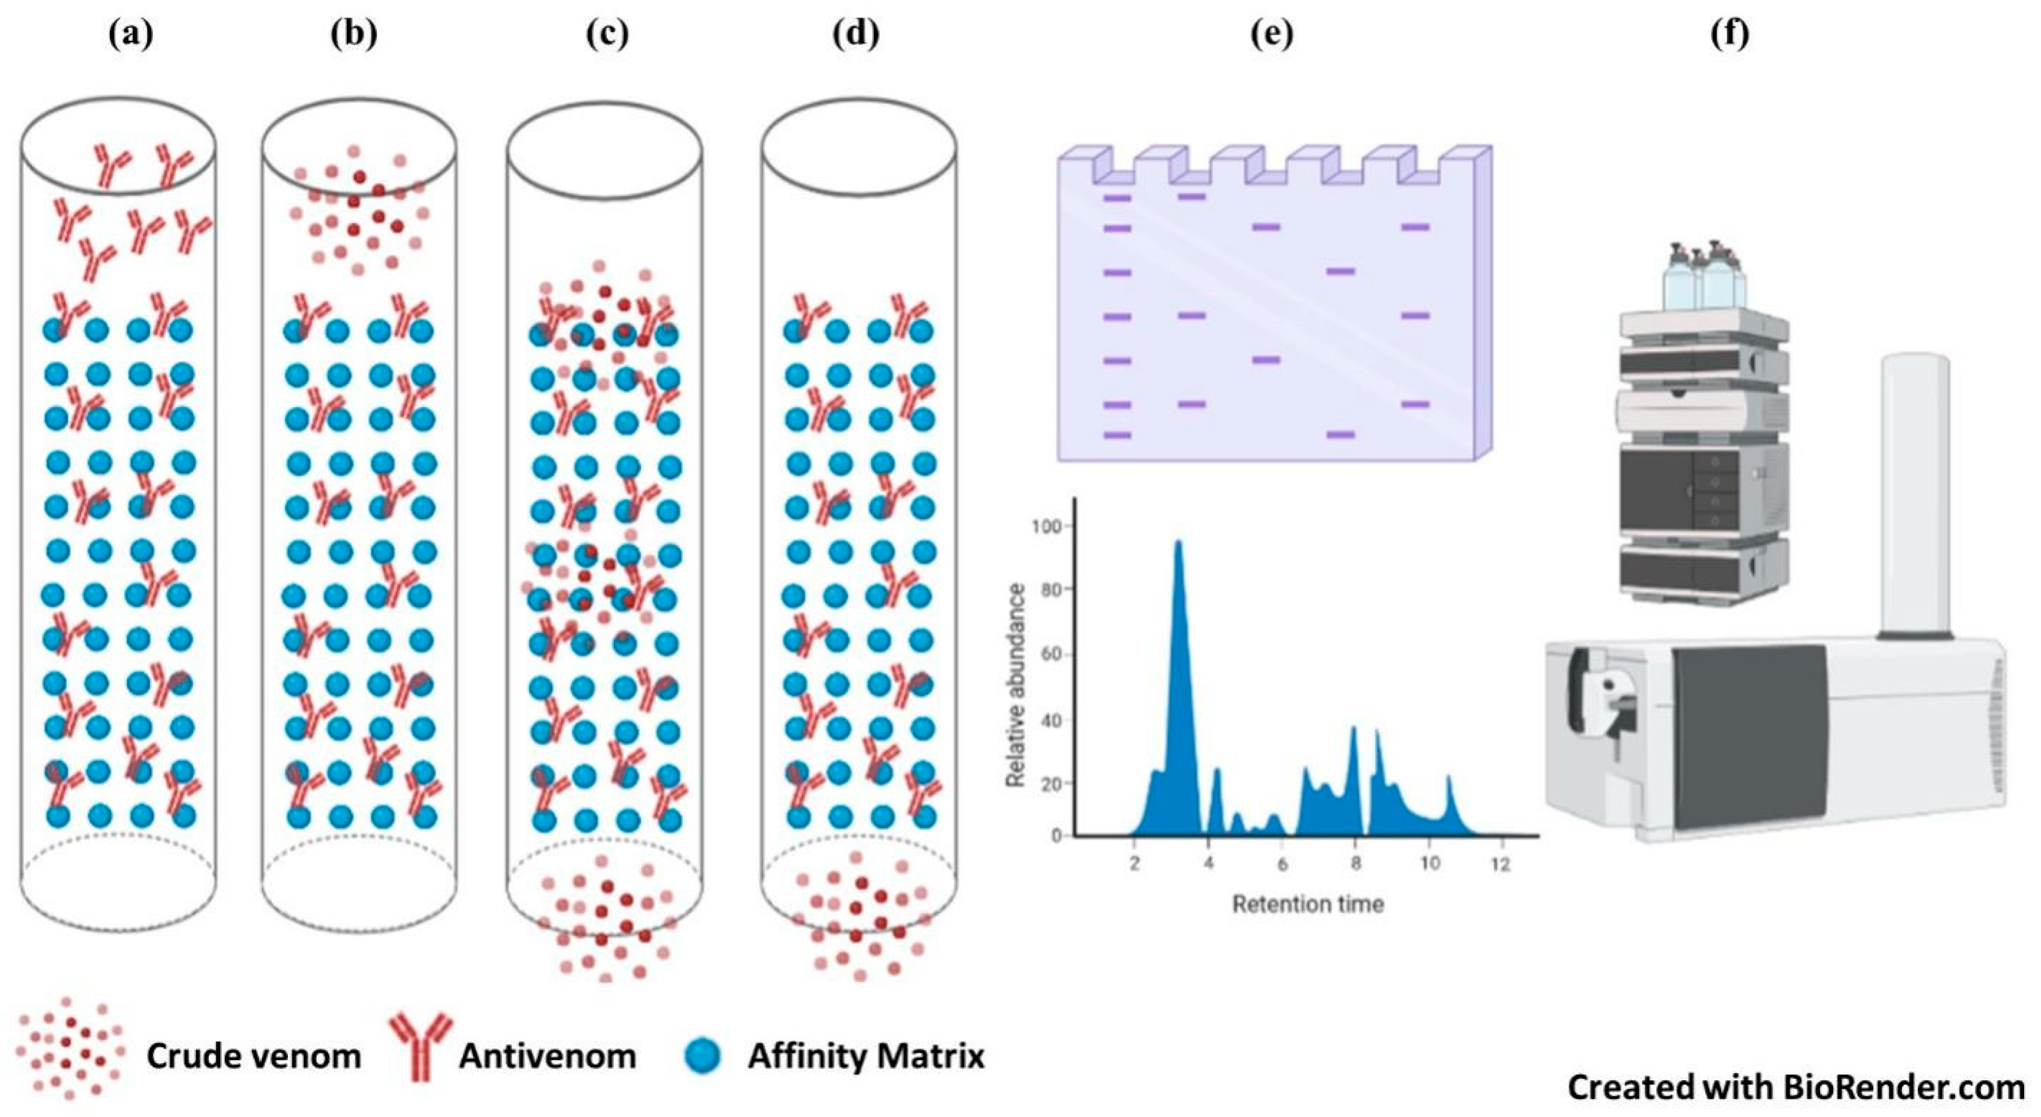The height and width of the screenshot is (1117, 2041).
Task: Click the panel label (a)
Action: [x=130, y=34]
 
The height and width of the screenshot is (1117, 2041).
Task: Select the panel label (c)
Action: [x=607, y=34]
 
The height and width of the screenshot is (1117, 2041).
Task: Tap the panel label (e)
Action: [x=1272, y=34]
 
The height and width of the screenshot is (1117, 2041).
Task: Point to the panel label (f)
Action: [x=1730, y=34]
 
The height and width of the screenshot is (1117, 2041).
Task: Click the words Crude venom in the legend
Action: [x=254, y=1056]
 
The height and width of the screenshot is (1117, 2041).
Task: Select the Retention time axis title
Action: [x=1308, y=904]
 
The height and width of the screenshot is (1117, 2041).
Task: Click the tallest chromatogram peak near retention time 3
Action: [x=1178, y=555]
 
